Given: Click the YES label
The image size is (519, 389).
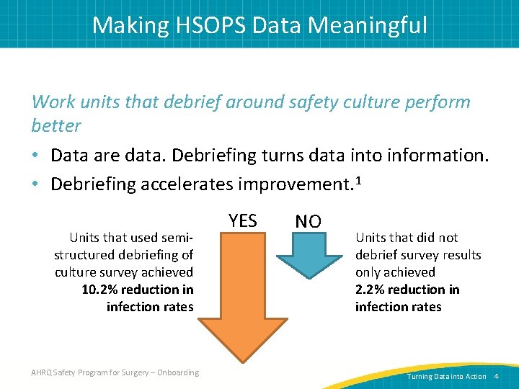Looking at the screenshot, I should pos(242,221).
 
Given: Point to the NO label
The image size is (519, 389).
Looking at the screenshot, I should pos(308,221).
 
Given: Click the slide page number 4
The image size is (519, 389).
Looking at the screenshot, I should pos(497,377).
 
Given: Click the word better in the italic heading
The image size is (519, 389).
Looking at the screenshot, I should pos(56,125).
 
